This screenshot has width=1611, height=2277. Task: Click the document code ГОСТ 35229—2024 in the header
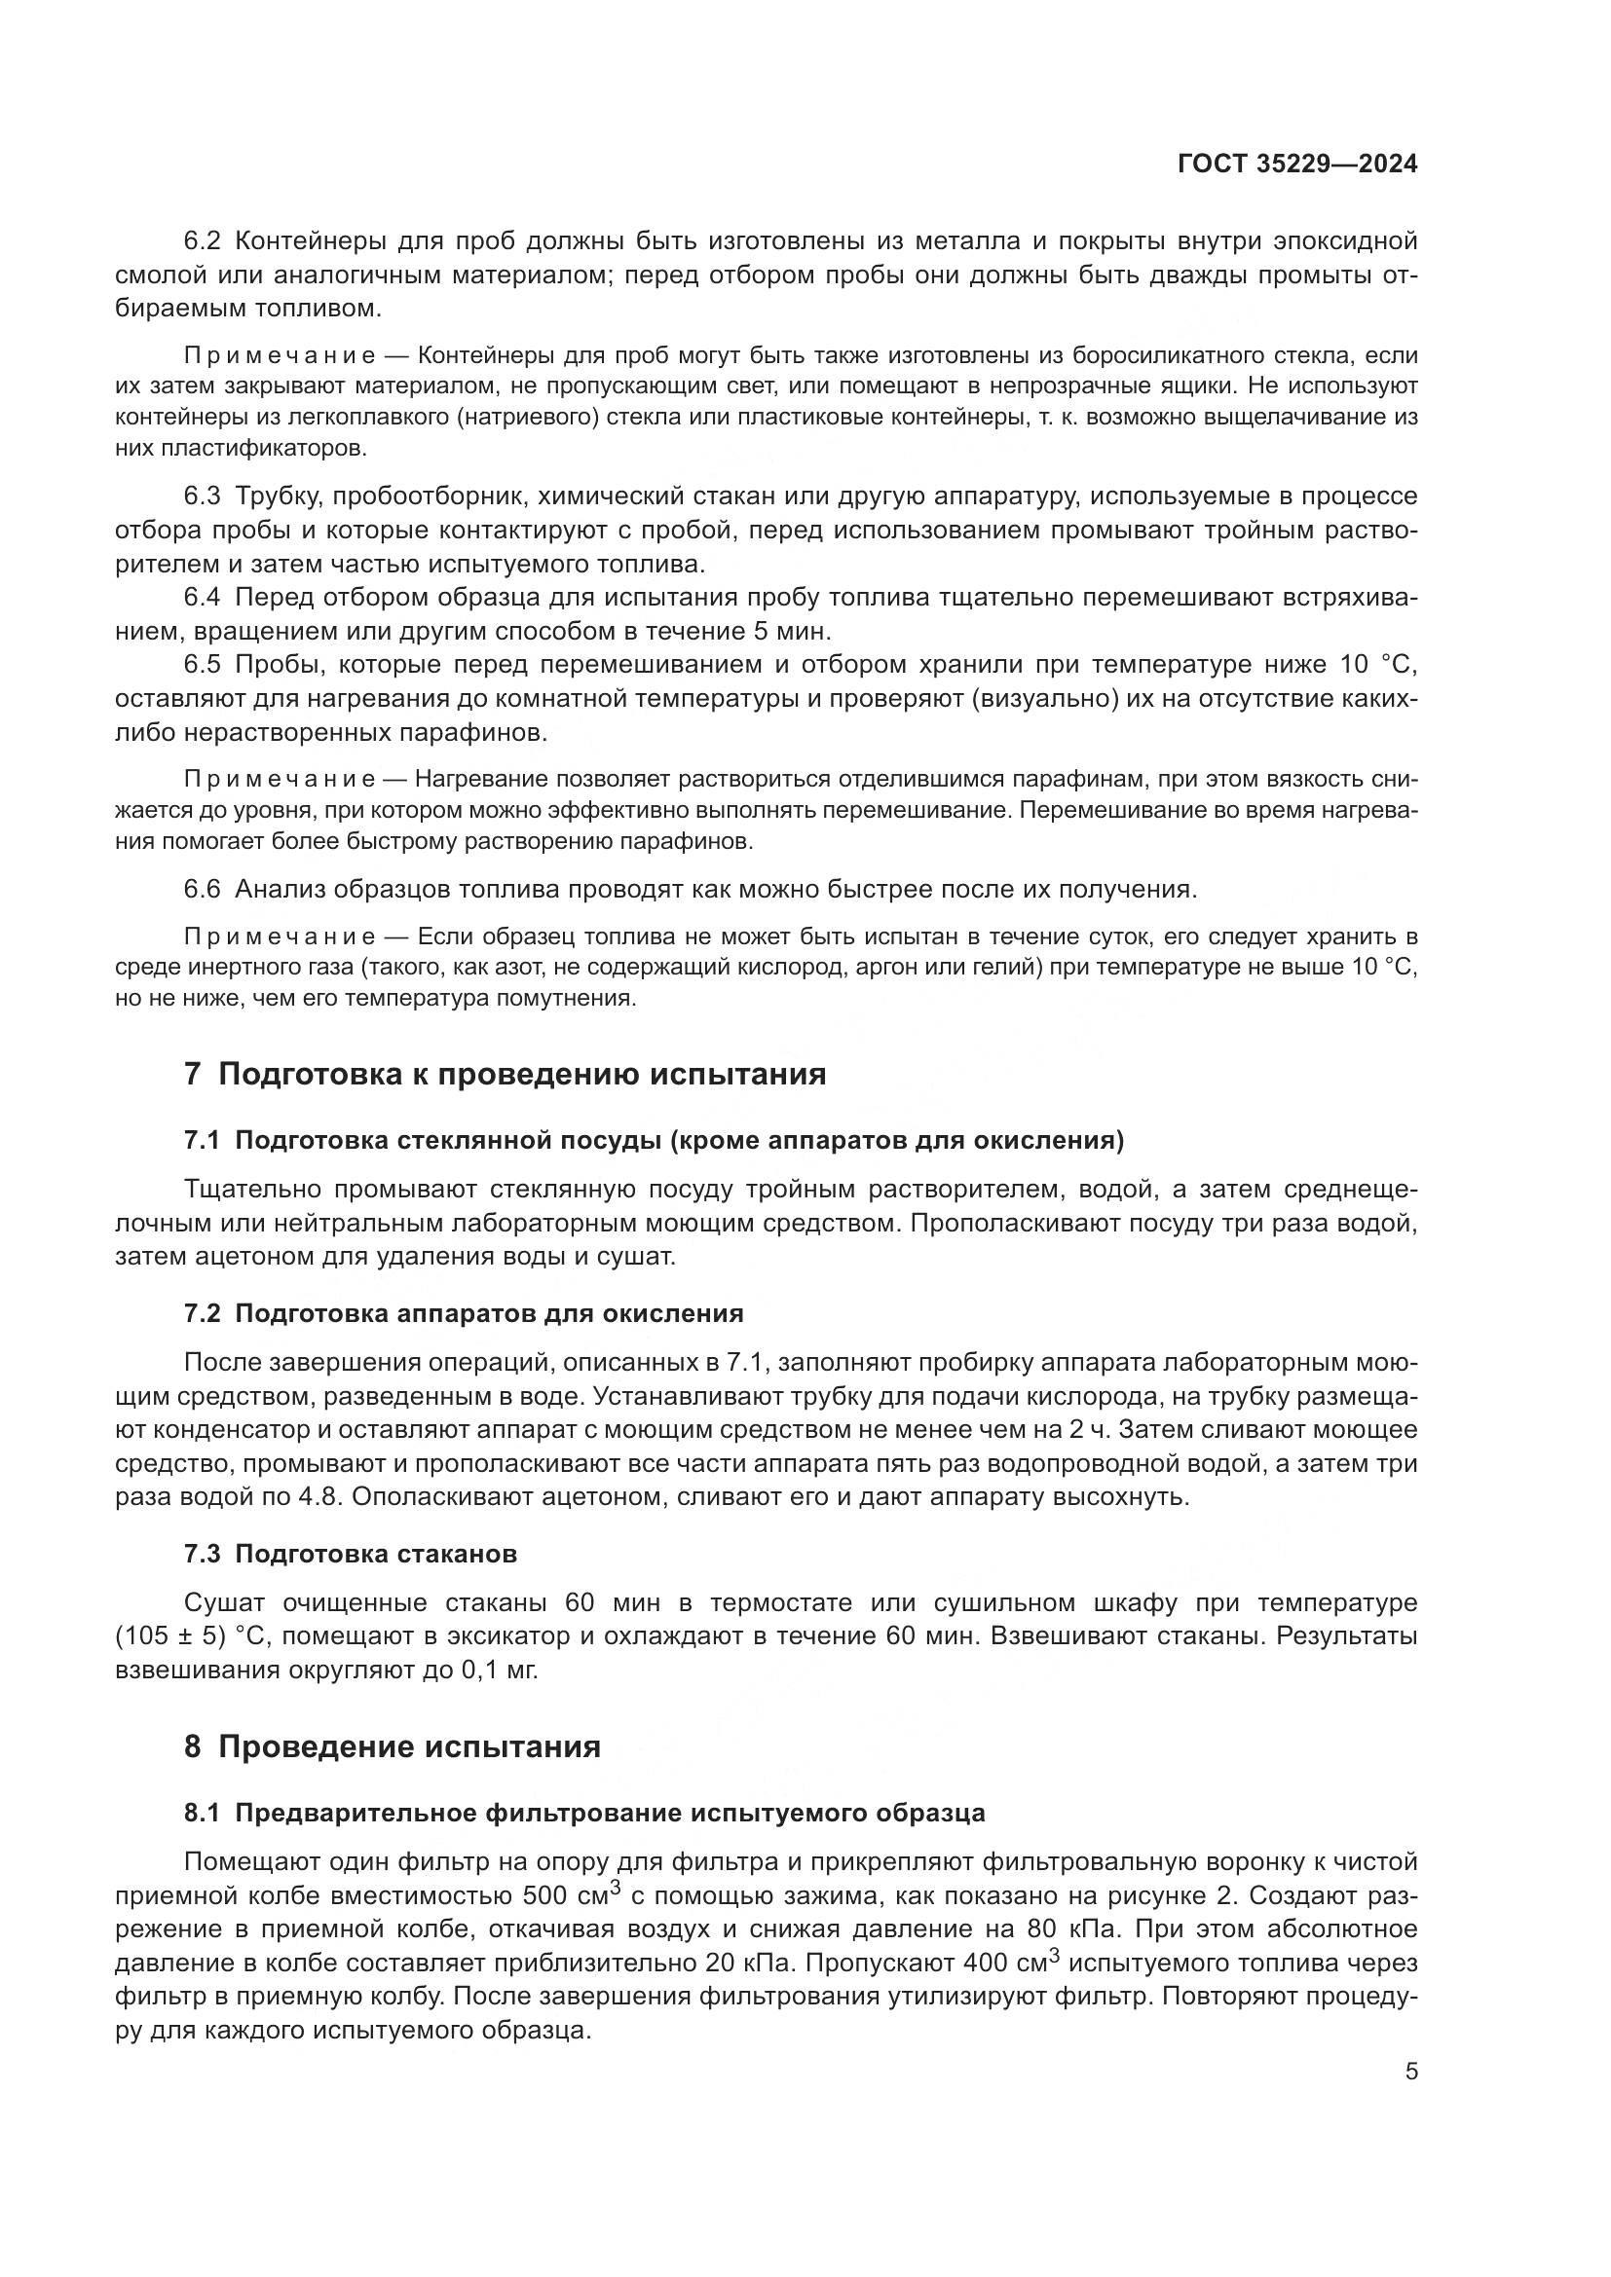coord(1296,165)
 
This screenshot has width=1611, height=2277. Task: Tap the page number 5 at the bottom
coord(1410,2072)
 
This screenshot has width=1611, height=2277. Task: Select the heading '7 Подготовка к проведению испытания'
coord(505,1074)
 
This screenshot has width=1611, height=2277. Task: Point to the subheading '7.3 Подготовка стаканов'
coord(351,1554)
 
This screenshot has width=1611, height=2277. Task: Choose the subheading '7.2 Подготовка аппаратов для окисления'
coord(464,1314)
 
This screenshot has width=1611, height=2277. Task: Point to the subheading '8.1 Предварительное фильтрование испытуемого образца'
coord(584,1814)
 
